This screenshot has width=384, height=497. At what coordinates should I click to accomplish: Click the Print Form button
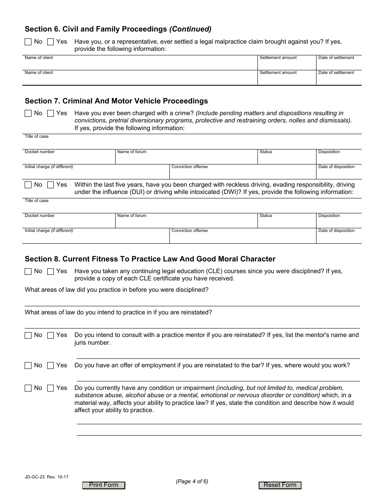pos(103,485)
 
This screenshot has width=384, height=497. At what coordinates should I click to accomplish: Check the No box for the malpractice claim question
pos(28,42)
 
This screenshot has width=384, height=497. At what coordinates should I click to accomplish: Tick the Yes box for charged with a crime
pos(51,114)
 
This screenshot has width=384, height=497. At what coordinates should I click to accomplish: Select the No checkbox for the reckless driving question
pos(28,185)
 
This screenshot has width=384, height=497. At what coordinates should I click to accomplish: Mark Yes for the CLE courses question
pos(51,272)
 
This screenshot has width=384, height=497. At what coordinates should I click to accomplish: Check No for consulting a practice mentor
pos(28,335)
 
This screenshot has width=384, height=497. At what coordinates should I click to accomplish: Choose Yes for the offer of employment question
pos(51,366)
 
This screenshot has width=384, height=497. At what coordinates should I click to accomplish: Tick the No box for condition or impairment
pos(28,388)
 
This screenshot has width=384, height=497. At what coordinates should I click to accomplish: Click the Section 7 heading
pos(116,101)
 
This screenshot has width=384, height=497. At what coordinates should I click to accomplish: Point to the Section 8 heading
pos(150,259)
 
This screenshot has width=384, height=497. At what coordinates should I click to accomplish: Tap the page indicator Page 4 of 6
pos(192,481)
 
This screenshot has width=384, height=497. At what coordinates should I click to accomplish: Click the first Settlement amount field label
pos(278,58)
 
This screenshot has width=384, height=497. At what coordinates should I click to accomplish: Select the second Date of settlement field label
pos(336,73)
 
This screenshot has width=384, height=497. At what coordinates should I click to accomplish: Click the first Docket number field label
pos(40,152)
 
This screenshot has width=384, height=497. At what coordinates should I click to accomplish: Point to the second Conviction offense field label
pos(190,231)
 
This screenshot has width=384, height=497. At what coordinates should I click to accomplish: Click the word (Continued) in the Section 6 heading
pos(190,29)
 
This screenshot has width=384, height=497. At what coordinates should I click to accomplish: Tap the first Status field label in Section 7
pos(266,152)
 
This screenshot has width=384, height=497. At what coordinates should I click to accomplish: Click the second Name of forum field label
pos(132,216)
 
